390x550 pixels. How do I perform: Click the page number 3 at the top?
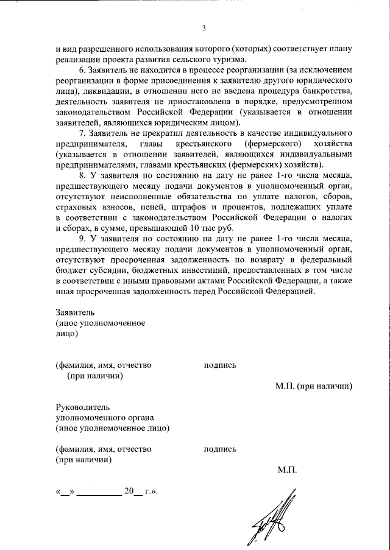point(204,27)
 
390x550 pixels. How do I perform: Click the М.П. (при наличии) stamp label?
point(314,386)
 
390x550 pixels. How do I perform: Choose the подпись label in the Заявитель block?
point(220,365)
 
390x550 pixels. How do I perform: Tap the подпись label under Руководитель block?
point(220,450)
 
